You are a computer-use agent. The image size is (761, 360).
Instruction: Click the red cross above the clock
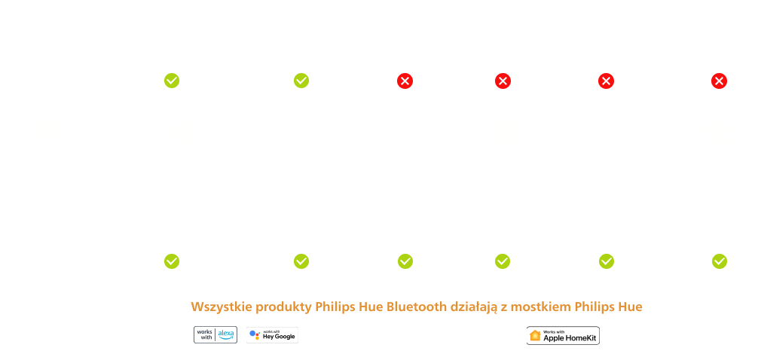click(503, 81)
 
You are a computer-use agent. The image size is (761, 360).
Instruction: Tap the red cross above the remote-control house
click(720, 81)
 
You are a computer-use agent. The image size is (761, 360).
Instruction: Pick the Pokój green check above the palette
click(172, 80)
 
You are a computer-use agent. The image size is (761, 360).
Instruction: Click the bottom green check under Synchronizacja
click(606, 261)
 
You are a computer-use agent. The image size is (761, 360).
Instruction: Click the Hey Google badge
click(272, 335)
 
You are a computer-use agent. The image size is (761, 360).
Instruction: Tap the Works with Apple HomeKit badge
click(562, 336)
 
